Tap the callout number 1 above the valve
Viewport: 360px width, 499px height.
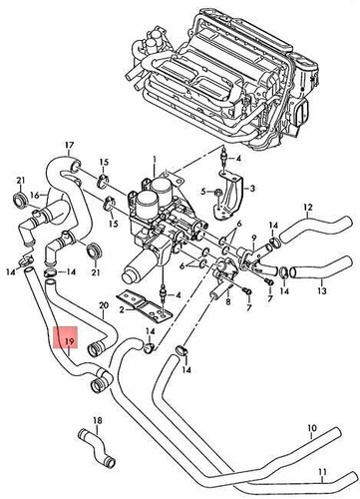tap(155, 159)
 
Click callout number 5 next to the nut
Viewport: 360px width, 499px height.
tap(202, 190)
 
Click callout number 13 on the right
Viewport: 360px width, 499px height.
tap(321, 293)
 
